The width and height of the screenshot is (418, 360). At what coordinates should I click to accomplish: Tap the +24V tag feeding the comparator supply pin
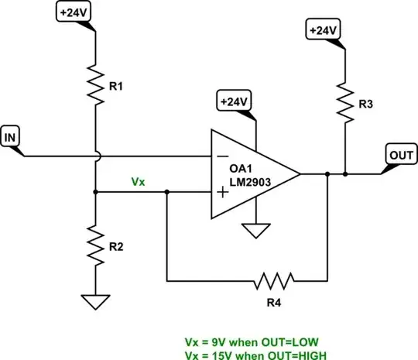234,101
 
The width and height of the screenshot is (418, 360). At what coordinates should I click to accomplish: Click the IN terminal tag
12,137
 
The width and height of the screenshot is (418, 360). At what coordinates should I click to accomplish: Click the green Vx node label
138,181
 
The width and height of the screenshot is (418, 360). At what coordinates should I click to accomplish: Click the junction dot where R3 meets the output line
344,173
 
